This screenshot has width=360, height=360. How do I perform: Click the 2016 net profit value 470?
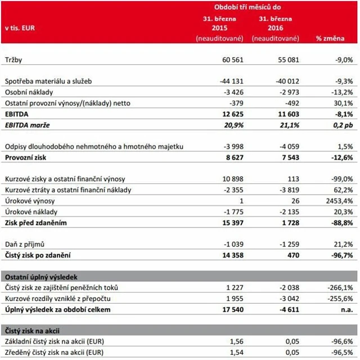(285, 255)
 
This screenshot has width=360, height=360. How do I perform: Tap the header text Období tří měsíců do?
(248, 7)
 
